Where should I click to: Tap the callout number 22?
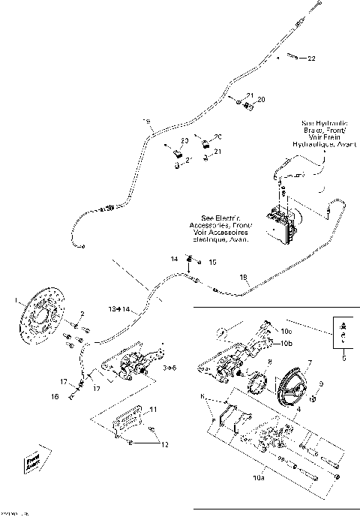tap(311, 59)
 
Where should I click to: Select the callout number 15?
tap(212, 262)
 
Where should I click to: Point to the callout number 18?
tap(241, 278)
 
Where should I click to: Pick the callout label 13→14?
tap(119, 308)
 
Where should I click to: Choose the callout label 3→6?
tap(170, 368)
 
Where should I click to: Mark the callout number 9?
tap(322, 385)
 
